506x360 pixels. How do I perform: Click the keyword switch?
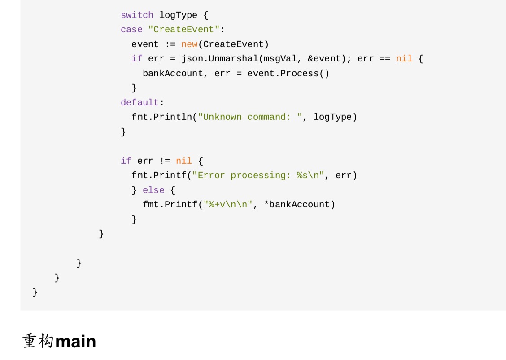(x=137, y=15)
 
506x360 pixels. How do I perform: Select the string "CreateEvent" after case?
(x=184, y=30)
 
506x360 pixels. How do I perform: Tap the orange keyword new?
(x=189, y=44)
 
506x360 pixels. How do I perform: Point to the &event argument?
(x=324, y=59)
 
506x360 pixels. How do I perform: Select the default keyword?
(x=140, y=103)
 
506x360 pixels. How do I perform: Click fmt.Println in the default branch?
(x=161, y=117)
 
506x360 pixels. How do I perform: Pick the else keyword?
(x=153, y=190)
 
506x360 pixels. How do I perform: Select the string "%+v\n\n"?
(x=228, y=205)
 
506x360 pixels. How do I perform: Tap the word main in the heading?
(x=76, y=342)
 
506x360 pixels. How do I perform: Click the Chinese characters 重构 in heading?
(x=38, y=342)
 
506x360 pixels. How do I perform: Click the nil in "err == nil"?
(x=404, y=59)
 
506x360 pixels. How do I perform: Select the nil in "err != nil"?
(x=184, y=161)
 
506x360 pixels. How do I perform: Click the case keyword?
(x=131, y=30)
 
